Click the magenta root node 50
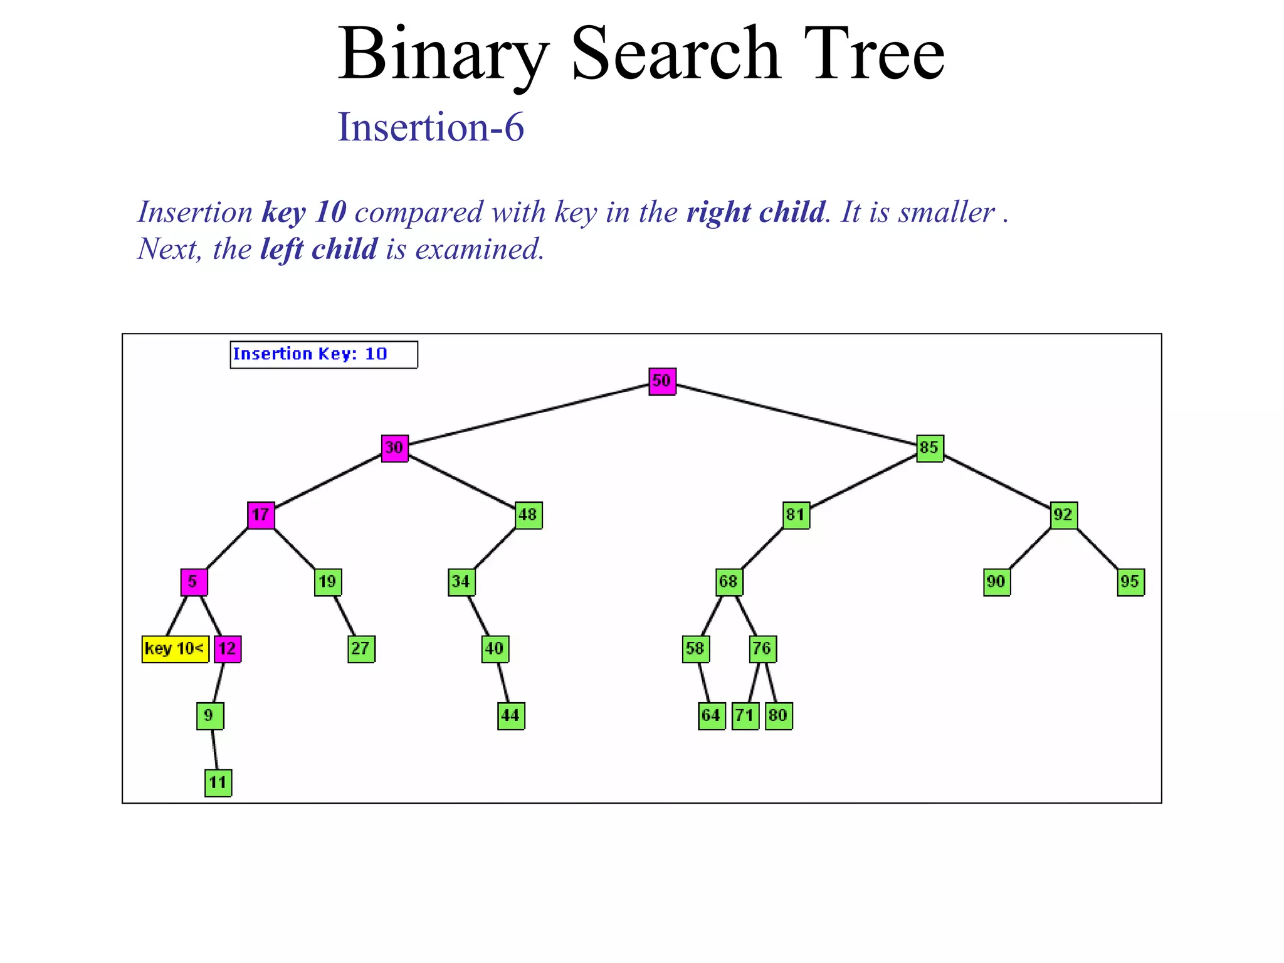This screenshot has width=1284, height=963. pyautogui.click(x=662, y=381)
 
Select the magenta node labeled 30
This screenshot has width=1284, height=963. pyautogui.click(x=394, y=448)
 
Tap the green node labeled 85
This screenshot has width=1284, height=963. pyautogui.click(x=930, y=448)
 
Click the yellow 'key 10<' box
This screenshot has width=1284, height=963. pyautogui.click(x=175, y=649)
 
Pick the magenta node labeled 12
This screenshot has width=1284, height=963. pyautogui.click(x=228, y=649)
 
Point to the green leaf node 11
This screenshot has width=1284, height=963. pyautogui.click(x=218, y=783)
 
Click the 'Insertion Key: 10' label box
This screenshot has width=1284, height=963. pyautogui.click(x=324, y=355)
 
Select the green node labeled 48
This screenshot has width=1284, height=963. pyautogui.click(x=529, y=515)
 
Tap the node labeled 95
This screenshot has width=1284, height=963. pyautogui.click(x=1130, y=582)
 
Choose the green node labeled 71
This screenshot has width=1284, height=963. pyautogui.click(x=745, y=716)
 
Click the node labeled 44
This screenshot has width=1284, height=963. pyautogui.click(x=511, y=716)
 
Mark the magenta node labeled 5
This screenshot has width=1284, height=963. pyautogui.click(x=194, y=582)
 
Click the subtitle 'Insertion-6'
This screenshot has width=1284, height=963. pyautogui.click(x=431, y=127)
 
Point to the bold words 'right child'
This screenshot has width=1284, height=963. pyautogui.click(x=755, y=212)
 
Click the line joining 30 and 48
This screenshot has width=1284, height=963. pyautogui.click(x=461, y=481)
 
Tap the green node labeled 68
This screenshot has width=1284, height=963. pyautogui.click(x=729, y=582)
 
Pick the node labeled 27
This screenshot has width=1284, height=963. pyautogui.click(x=361, y=649)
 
